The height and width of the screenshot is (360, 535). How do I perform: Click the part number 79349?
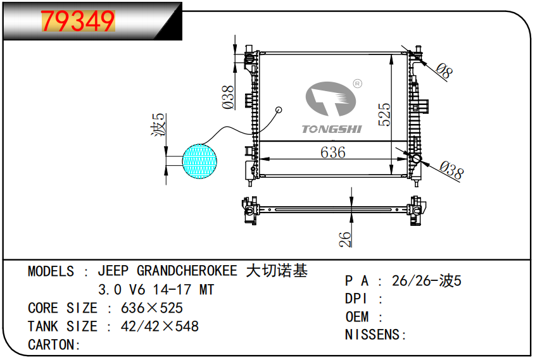click(x=78, y=22)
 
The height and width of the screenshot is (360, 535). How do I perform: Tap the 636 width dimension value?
click(x=332, y=152)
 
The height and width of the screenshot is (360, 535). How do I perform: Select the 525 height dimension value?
click(x=384, y=115)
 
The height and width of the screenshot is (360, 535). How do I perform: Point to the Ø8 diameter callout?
click(x=446, y=71)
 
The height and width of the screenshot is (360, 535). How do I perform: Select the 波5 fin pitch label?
click(x=159, y=125)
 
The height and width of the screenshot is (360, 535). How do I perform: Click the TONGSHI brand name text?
click(x=331, y=129)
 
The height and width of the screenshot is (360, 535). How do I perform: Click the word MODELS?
click(x=51, y=271)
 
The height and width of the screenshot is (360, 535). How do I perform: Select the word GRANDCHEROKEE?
click(x=189, y=271)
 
